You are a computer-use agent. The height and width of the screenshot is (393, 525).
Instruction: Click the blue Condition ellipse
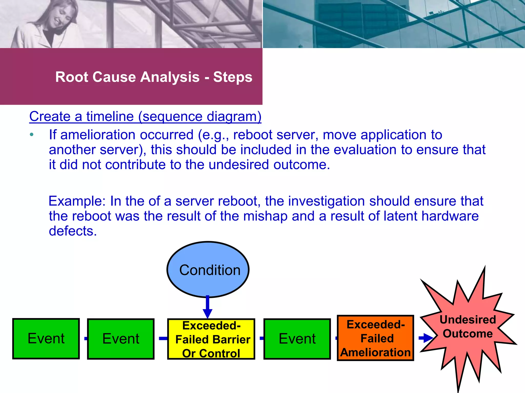point(208,270)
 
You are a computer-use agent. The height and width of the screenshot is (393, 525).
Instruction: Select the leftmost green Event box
point(46,339)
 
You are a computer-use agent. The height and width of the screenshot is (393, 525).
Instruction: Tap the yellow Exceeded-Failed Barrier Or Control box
point(211,339)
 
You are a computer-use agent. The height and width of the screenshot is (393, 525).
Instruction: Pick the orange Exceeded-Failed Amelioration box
point(376,338)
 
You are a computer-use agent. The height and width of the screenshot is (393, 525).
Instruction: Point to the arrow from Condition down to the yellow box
point(207,307)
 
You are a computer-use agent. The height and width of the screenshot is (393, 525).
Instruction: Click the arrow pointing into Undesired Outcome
point(426,338)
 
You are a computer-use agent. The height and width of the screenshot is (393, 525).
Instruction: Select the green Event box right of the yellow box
point(297,339)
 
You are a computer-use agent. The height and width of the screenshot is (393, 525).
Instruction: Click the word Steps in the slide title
point(233,77)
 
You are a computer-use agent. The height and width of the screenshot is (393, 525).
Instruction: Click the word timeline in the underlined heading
point(110,116)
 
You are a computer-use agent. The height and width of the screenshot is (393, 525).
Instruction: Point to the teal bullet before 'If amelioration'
point(32,135)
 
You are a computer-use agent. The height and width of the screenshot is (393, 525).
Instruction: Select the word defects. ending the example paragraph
point(73,231)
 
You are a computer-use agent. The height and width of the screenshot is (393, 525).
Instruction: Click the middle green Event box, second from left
point(121,339)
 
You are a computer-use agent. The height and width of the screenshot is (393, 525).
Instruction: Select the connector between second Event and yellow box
point(163,339)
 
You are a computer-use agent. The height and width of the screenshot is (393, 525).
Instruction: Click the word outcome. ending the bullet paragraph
point(301,165)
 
